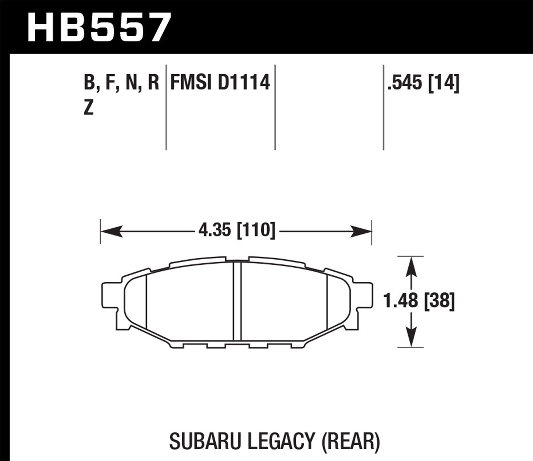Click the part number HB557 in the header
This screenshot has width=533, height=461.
pos(99,27)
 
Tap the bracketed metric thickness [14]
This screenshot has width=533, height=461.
pos(444,84)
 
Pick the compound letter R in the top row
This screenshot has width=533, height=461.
pos(154,83)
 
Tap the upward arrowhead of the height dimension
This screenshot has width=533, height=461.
pos(411,265)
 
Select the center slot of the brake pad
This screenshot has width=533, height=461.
pos(237,303)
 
